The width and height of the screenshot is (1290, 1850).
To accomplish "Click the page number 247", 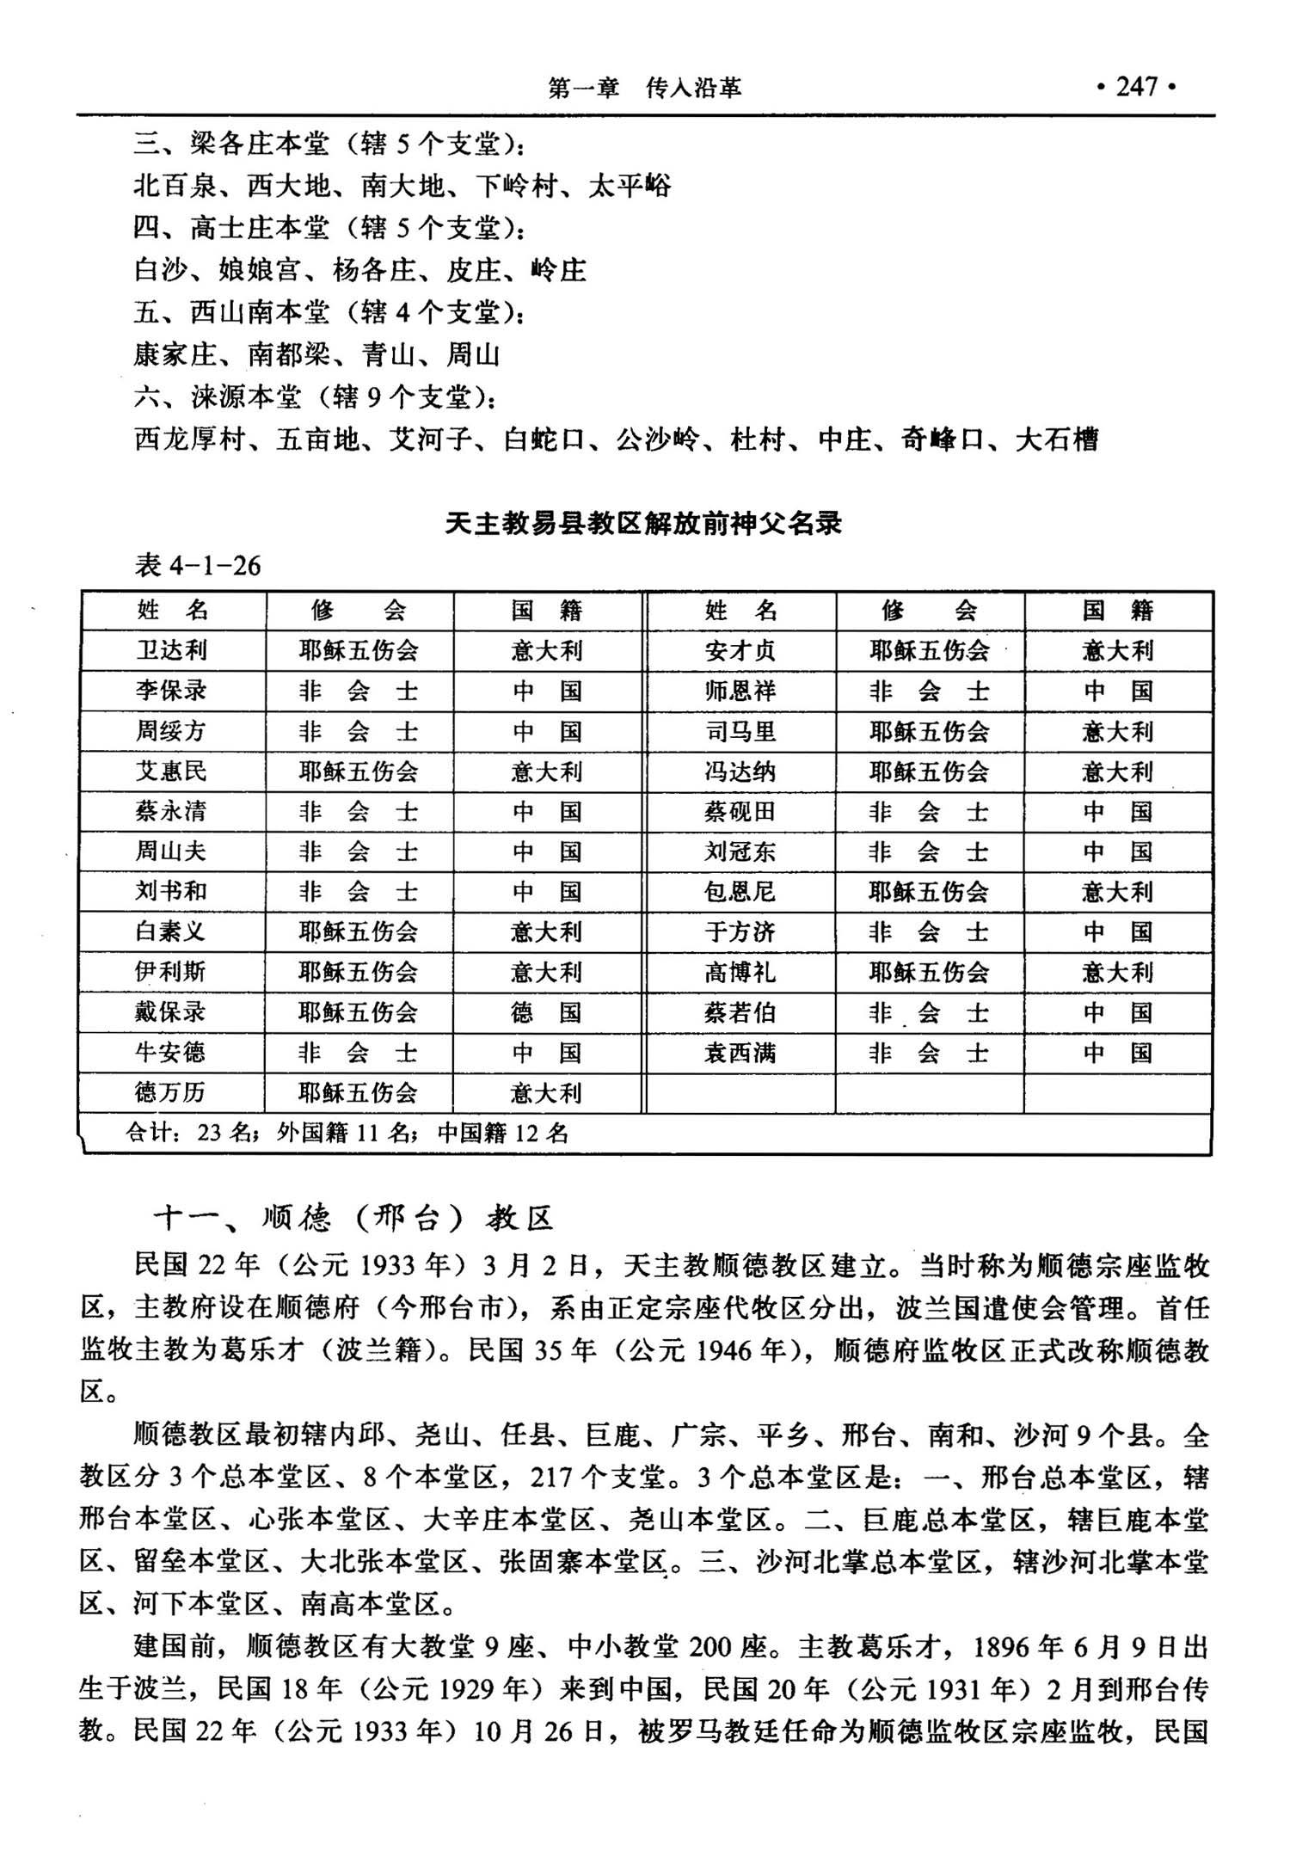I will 1136,87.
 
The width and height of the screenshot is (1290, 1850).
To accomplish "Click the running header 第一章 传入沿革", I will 644,88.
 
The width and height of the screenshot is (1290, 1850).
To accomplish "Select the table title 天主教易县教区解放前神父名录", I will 642,523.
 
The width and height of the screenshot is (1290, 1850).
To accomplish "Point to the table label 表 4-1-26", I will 197,565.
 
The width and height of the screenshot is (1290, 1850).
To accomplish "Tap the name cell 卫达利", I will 171,650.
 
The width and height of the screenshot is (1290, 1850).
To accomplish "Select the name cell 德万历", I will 170,1092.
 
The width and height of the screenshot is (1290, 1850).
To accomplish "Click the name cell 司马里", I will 740,731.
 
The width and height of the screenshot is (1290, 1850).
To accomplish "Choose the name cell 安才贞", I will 740,650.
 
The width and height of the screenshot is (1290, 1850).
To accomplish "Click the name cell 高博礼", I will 740,972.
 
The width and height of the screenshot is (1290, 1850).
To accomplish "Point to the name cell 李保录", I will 171,691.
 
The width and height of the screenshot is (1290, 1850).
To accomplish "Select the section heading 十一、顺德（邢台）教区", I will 353,1217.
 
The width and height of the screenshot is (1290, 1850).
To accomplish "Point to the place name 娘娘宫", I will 260,270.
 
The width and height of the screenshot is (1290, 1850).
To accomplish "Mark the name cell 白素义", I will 170,931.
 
